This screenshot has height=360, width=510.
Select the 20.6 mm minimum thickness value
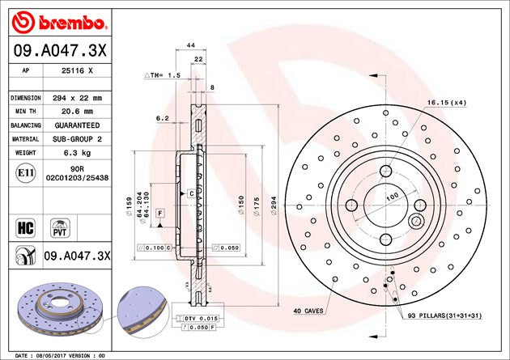[77, 112]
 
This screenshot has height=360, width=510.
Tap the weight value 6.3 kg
[77, 153]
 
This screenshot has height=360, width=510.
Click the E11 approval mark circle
[26, 173]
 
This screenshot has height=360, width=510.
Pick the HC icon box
[25, 228]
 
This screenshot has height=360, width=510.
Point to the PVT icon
[60, 228]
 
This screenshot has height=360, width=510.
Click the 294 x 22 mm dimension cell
[77, 98]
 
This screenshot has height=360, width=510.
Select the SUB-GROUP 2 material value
[77, 139]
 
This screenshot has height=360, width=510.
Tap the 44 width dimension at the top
[191, 45]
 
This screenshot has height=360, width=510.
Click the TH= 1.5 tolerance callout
[162, 75]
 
